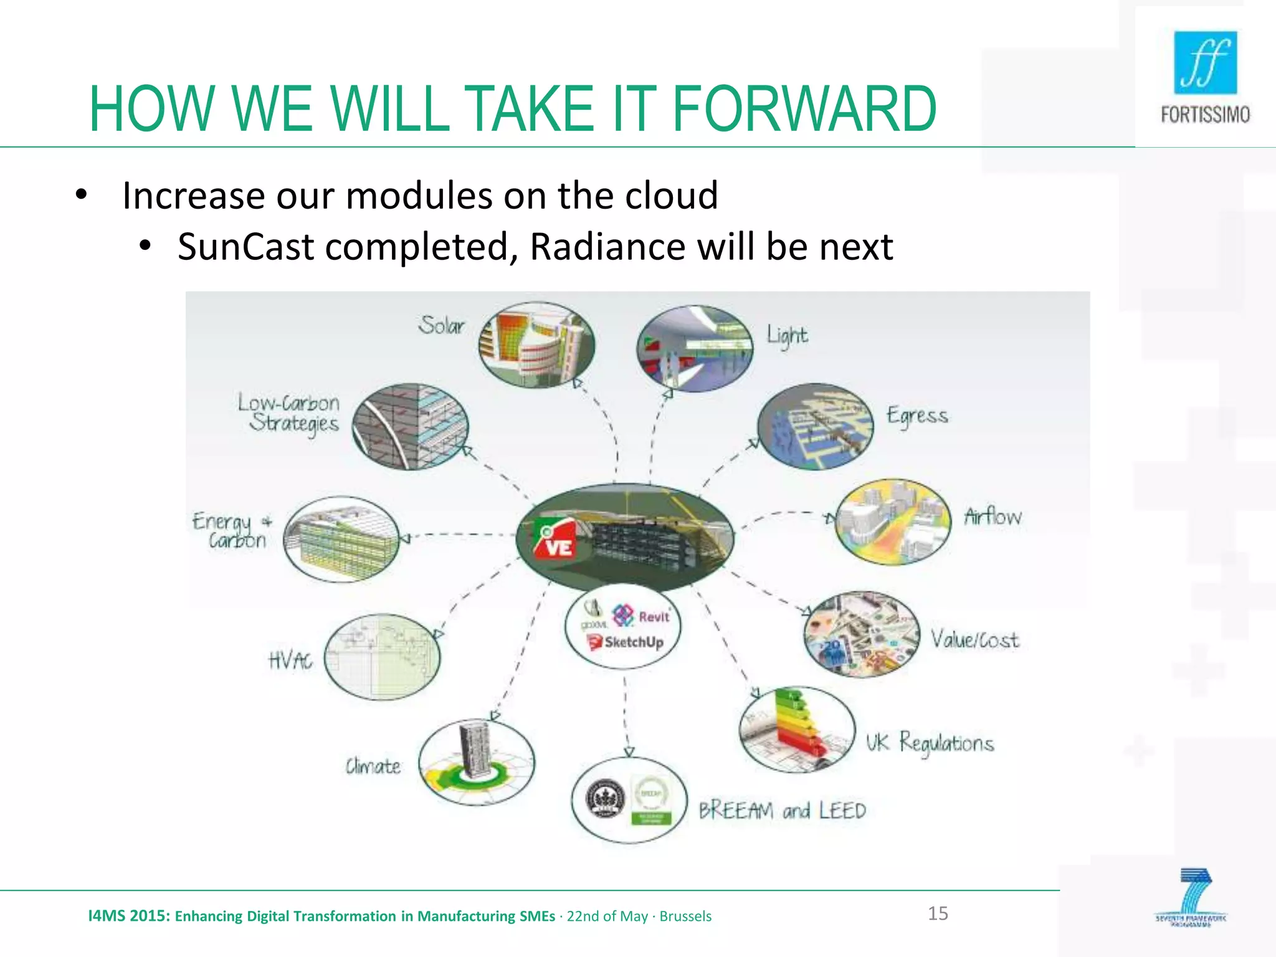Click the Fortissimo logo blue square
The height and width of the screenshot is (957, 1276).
coord(1205,62)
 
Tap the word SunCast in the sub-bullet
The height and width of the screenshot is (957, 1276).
coord(245,247)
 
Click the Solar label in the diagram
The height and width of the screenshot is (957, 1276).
coord(441,325)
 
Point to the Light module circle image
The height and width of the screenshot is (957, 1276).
coord(695,348)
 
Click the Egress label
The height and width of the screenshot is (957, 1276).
coord(917,416)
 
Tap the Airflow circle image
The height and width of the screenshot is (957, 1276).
coord(893,522)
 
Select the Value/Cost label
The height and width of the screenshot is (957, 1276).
coord(975,639)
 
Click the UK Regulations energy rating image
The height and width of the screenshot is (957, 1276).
coord(797,729)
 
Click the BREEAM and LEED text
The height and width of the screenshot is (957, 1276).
coord(782,811)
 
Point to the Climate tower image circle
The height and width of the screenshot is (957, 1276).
coord(477,763)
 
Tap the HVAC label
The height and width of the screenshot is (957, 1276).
coord(290,660)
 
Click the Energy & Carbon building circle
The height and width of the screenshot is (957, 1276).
coord(341,539)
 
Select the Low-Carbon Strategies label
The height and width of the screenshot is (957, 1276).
coord(288,413)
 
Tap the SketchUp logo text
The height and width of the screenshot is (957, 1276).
coord(633,642)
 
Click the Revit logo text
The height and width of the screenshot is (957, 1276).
coord(653,617)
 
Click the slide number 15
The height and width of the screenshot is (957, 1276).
coord(938,913)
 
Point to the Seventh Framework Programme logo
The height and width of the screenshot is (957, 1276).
coord(1191,898)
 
